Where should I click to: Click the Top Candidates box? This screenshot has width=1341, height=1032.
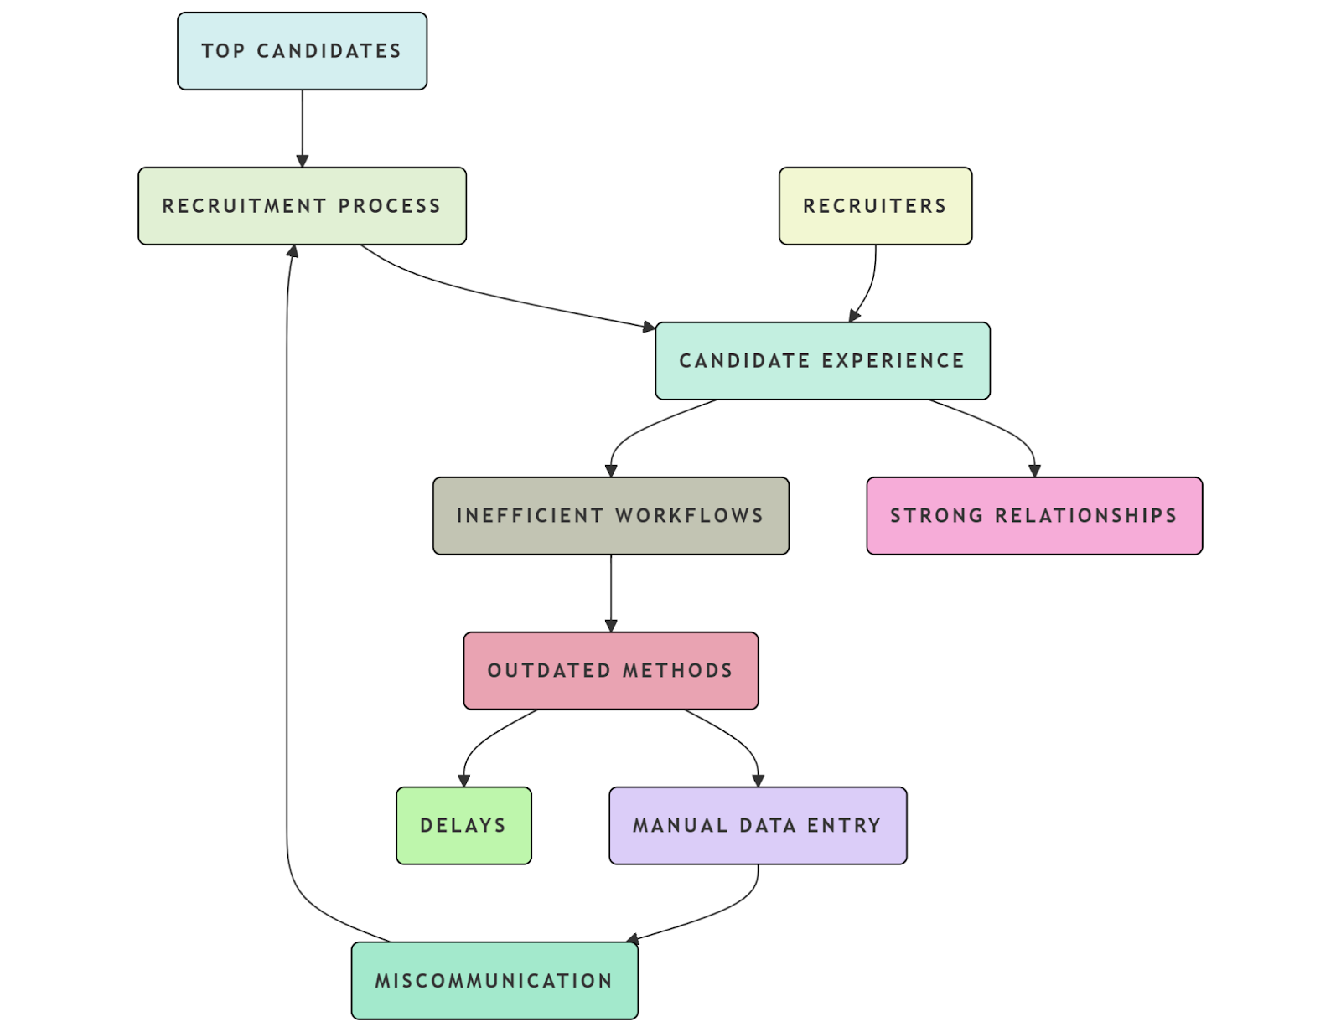302,51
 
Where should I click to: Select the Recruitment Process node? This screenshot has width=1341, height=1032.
302,206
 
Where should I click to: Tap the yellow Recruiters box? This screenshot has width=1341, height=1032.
875,206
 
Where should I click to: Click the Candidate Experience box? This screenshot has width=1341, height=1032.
822,361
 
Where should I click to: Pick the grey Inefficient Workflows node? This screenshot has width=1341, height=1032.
610,516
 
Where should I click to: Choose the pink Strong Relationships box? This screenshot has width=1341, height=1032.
1034,516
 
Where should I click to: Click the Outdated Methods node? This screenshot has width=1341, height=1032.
610,671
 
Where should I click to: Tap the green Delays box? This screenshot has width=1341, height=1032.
463,826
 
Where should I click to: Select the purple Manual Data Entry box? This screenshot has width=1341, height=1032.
758,826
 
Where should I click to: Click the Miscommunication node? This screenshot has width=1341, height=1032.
494,981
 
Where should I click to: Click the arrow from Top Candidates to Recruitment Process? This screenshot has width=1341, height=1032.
303,126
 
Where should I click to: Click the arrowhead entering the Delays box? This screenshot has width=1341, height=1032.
463,781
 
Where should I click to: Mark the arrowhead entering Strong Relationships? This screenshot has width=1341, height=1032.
1034,471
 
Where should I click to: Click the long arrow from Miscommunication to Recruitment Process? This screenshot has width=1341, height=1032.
287,586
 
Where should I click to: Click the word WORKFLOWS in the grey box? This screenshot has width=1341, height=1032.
689,516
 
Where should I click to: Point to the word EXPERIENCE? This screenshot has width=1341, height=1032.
893,361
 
